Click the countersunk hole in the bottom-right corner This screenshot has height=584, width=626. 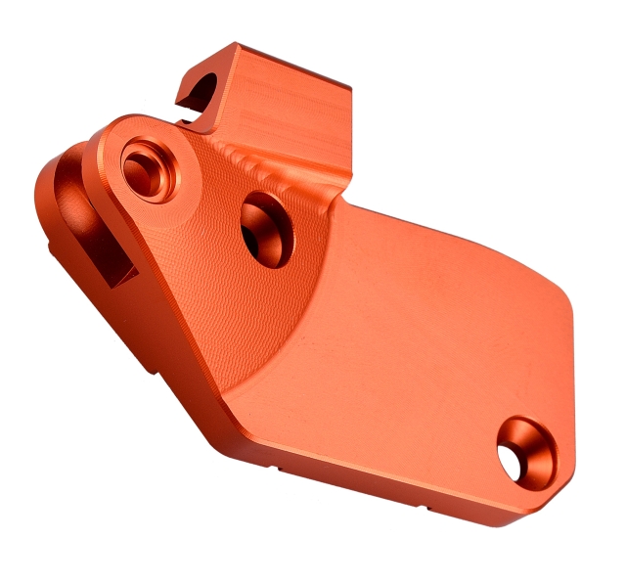coord(525,452)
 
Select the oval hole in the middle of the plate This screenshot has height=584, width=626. coord(264,228)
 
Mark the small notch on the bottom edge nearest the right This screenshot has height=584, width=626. coord(430,507)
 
